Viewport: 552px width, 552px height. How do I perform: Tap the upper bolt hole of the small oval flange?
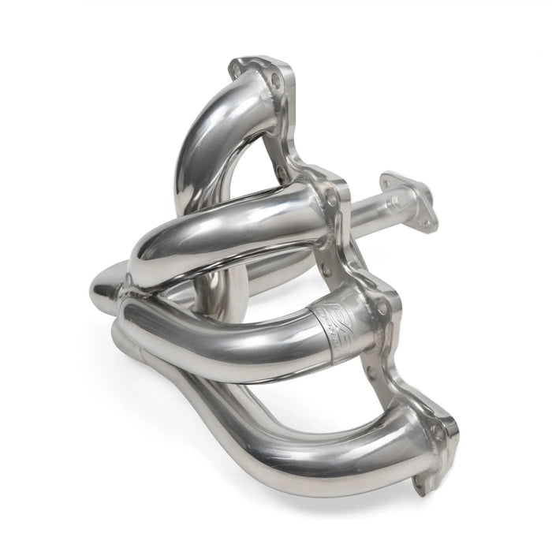391,178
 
